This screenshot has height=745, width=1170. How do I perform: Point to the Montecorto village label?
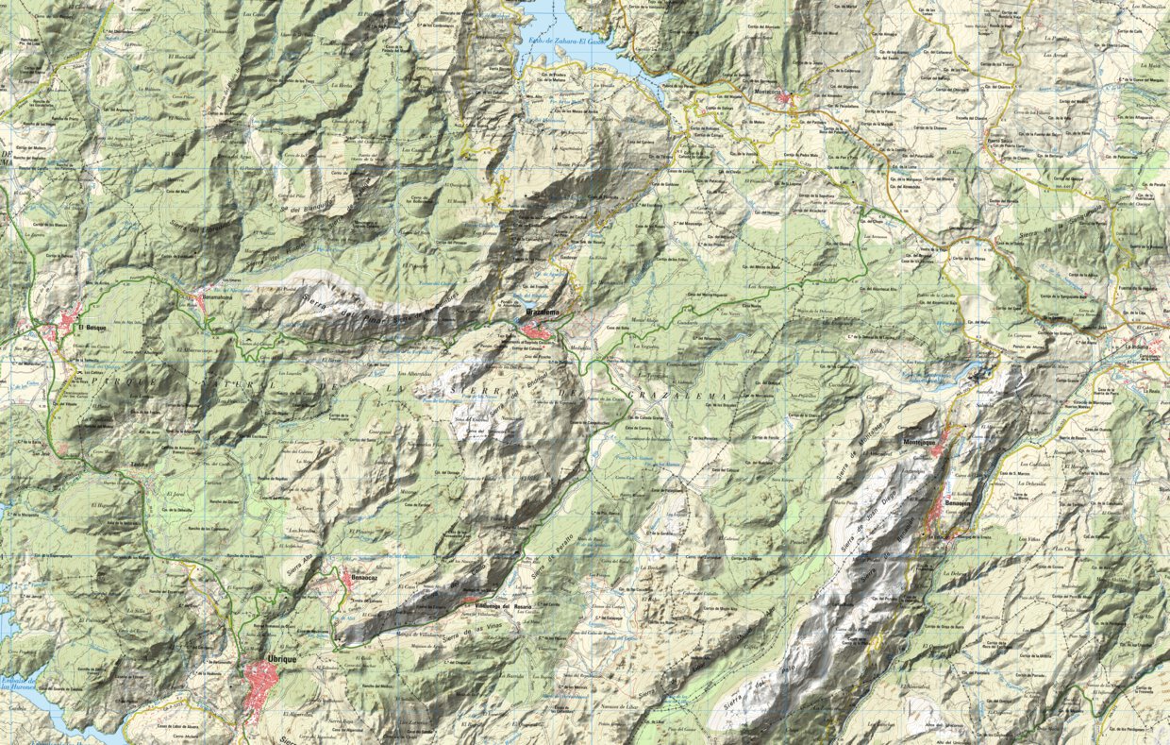pos(772,91)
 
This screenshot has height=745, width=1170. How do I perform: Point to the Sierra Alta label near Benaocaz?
pos(301,567)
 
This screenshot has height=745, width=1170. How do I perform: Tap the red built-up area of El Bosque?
pos(68,321)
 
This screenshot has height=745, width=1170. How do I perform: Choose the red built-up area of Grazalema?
pos(541,330)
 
